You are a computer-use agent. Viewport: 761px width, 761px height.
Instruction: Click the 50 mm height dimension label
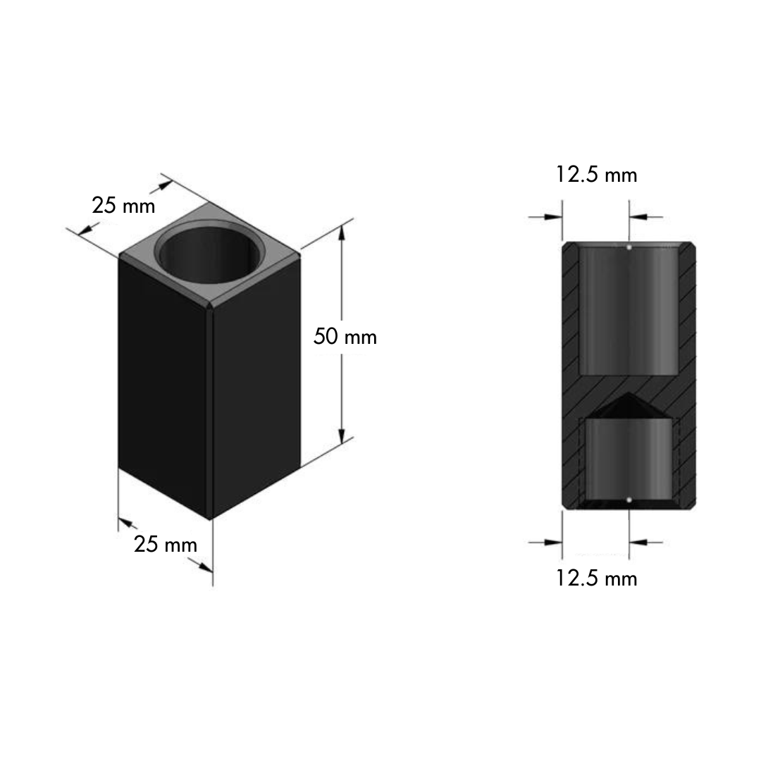click(x=345, y=337)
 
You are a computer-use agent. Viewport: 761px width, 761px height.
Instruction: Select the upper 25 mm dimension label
click(x=123, y=205)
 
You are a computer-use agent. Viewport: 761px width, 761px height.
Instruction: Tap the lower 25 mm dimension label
click(x=166, y=544)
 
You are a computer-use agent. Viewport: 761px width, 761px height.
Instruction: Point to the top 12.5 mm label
click(x=596, y=174)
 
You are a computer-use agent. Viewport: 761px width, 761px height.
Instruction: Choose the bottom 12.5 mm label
click(x=596, y=578)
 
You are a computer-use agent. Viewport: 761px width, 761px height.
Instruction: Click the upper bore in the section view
click(x=629, y=310)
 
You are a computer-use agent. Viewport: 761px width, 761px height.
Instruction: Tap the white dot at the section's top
click(x=629, y=247)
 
